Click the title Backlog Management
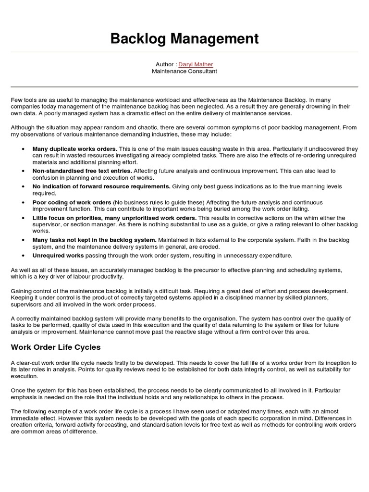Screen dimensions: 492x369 (x=184, y=38)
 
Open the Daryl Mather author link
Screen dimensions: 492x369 (x=197, y=64)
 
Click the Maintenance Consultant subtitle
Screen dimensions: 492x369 (x=184, y=71)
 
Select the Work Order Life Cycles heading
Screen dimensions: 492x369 (x=56, y=347)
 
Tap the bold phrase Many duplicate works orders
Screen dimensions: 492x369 (x=74, y=149)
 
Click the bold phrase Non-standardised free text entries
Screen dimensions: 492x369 (x=82, y=171)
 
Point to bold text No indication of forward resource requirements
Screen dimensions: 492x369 (x=101, y=186)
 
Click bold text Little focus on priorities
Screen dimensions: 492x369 (x=65, y=218)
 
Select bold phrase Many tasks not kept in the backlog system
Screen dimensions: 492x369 (x=94, y=239)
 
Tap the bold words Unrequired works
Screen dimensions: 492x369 (x=58, y=255)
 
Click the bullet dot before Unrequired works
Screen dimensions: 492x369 (x=24, y=256)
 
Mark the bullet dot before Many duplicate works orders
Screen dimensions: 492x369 (x=24, y=149)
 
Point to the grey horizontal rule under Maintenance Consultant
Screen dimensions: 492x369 (x=184, y=87)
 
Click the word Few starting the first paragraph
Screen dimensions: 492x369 (x=16, y=99)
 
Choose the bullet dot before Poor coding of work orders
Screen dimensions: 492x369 (x=24, y=202)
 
